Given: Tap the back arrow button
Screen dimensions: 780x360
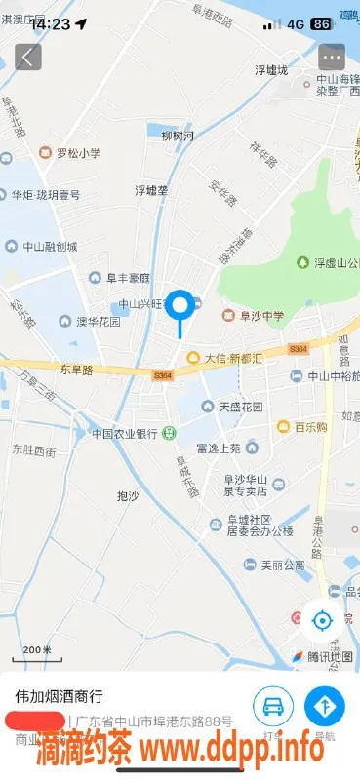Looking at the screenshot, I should (28, 57).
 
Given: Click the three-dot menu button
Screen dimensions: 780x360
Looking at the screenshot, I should (332, 57).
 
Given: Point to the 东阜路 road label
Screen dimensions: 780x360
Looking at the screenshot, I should (76, 370).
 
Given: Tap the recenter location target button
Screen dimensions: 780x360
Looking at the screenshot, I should (322, 618).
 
